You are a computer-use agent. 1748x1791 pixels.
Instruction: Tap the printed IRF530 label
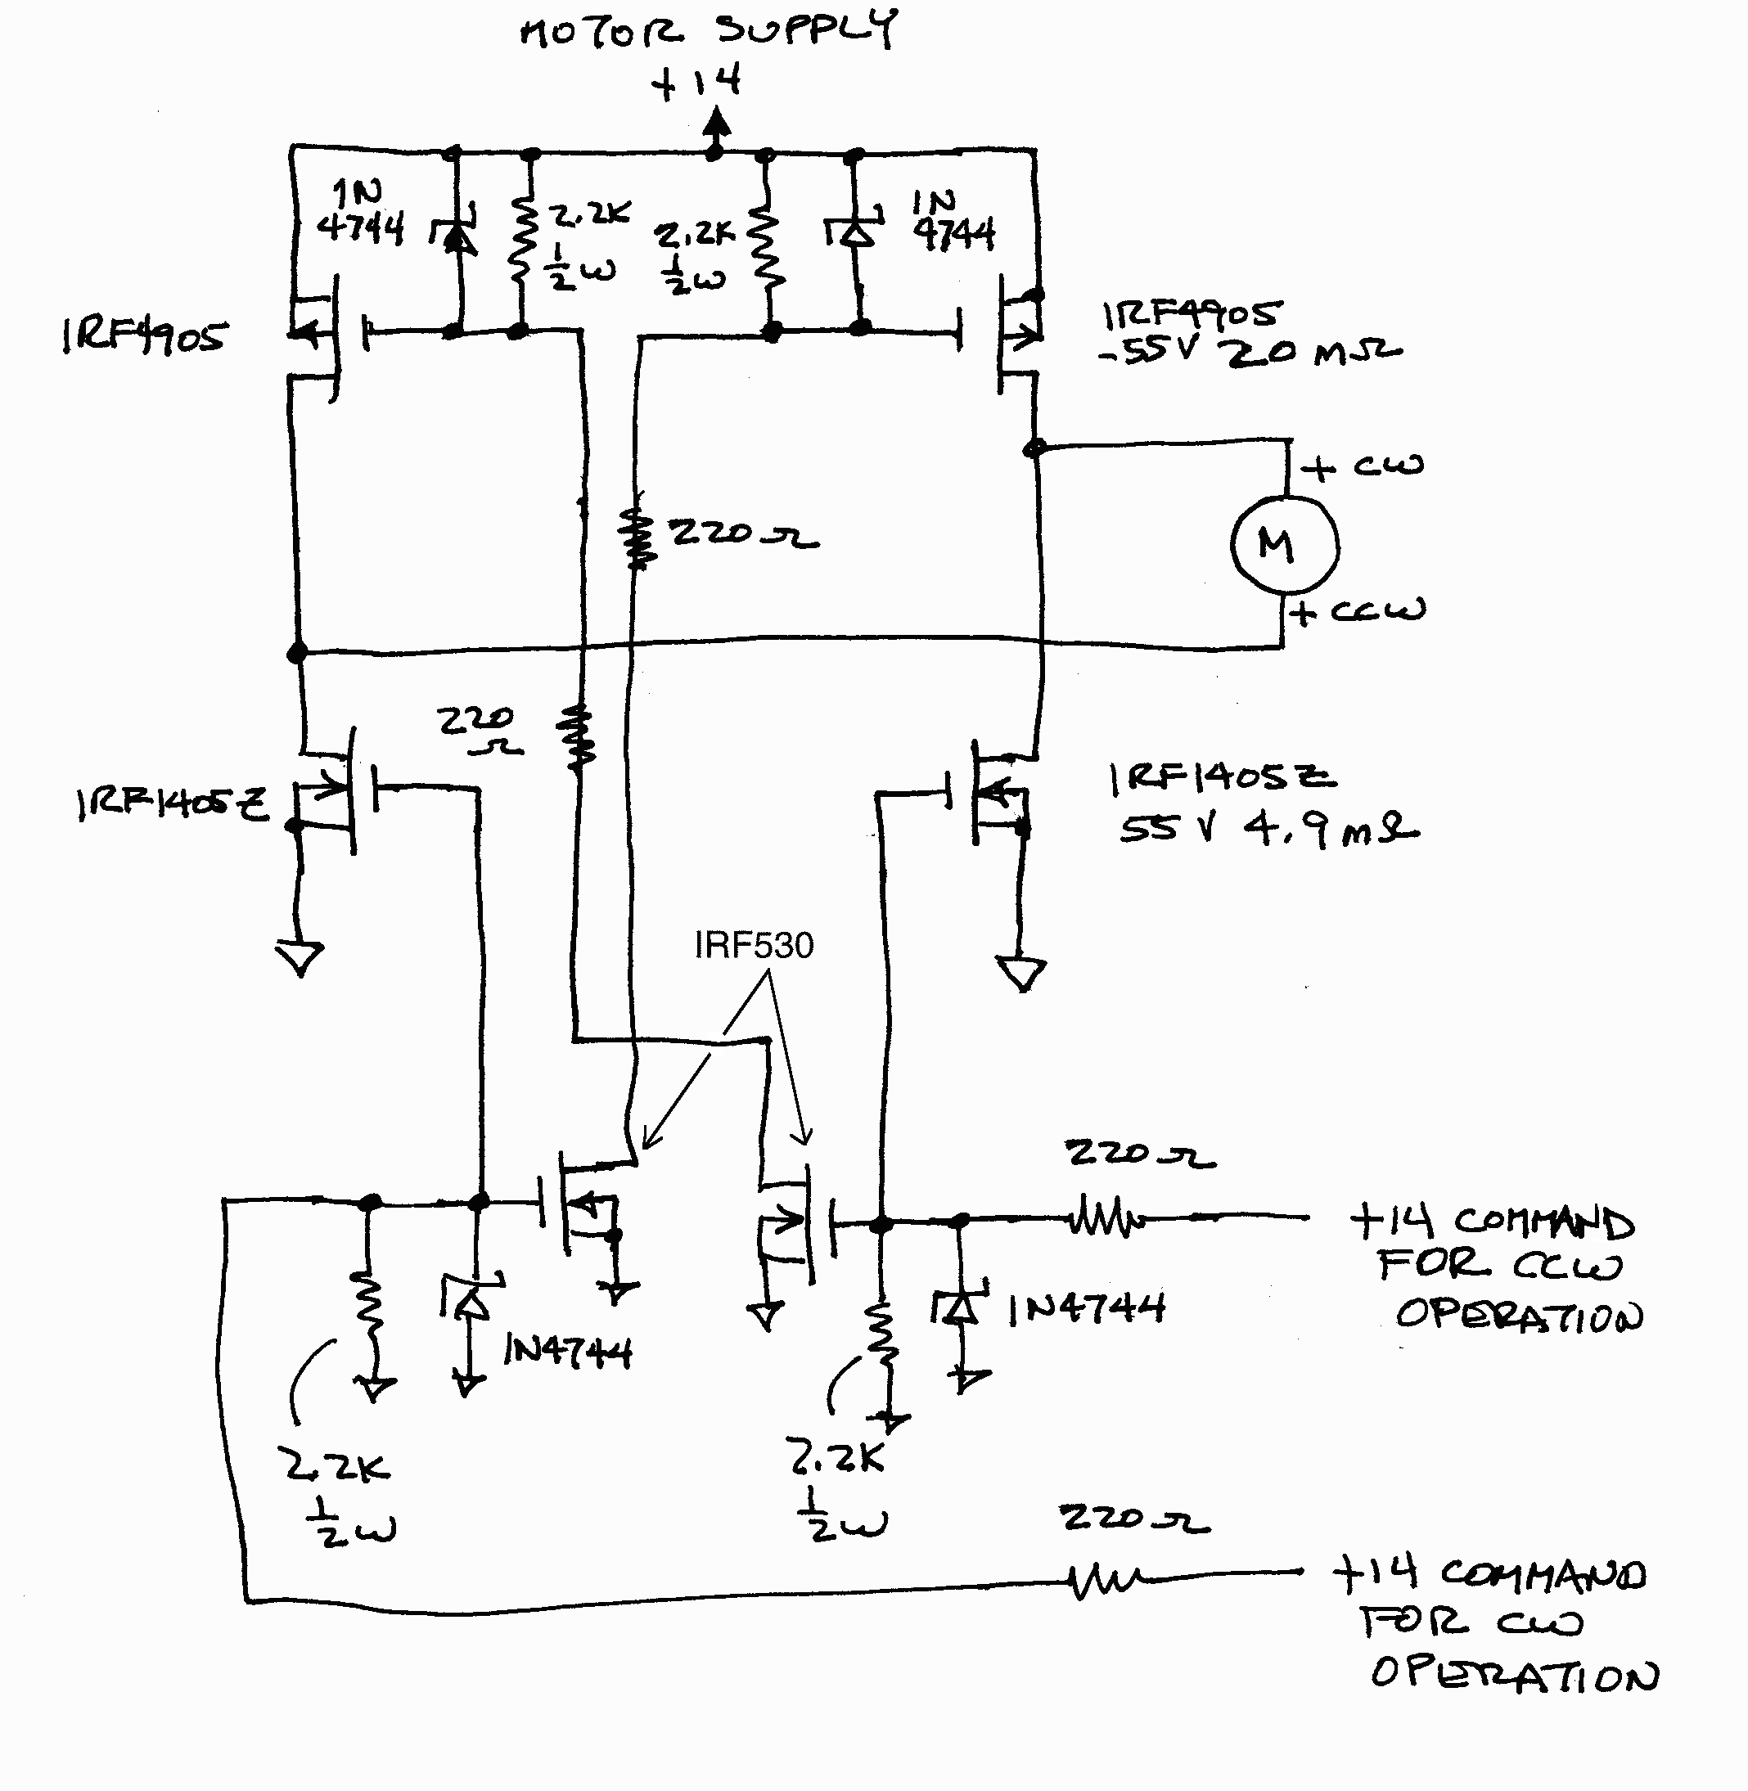(x=754, y=946)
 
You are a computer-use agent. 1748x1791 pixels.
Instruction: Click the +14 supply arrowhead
(x=716, y=124)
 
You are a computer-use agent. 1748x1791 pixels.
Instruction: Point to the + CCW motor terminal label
(x=1358, y=611)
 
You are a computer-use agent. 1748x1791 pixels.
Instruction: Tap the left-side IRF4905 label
(x=143, y=337)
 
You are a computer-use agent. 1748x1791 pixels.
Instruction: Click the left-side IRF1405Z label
(x=173, y=804)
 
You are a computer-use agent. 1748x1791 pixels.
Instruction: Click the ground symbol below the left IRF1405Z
(x=300, y=958)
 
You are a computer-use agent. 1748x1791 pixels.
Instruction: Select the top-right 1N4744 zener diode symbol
(x=858, y=232)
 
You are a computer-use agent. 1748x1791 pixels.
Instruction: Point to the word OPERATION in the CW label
(x=1515, y=1675)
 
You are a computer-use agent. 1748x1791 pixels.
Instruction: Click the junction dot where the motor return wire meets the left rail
(x=297, y=653)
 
